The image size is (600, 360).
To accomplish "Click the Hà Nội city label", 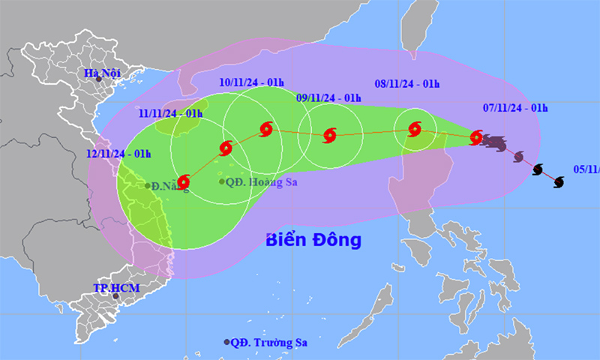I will coord(102,73).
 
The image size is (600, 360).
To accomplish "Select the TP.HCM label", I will coord(109,287).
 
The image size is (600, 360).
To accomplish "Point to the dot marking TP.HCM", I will coord(115,296).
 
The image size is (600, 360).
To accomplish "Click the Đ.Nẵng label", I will coord(169,184).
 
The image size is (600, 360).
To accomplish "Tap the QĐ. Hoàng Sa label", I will coord(259,181).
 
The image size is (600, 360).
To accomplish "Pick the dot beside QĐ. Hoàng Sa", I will coord(222,181).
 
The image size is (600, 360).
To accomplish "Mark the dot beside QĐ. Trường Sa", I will coord(226,342).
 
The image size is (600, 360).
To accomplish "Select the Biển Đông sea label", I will coord(314,240).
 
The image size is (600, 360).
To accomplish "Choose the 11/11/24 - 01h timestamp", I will coord(171,113).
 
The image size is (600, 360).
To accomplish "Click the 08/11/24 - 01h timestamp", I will coord(405,84).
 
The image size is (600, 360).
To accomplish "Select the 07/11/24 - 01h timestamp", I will coord(516,108).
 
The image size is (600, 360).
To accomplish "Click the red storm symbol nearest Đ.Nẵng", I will coord(183,181).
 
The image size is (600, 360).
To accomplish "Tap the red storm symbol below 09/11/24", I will coord(328,136).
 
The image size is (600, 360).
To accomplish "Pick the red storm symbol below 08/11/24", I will coord(415,129).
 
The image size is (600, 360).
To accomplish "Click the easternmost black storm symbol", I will coord(558,181).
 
